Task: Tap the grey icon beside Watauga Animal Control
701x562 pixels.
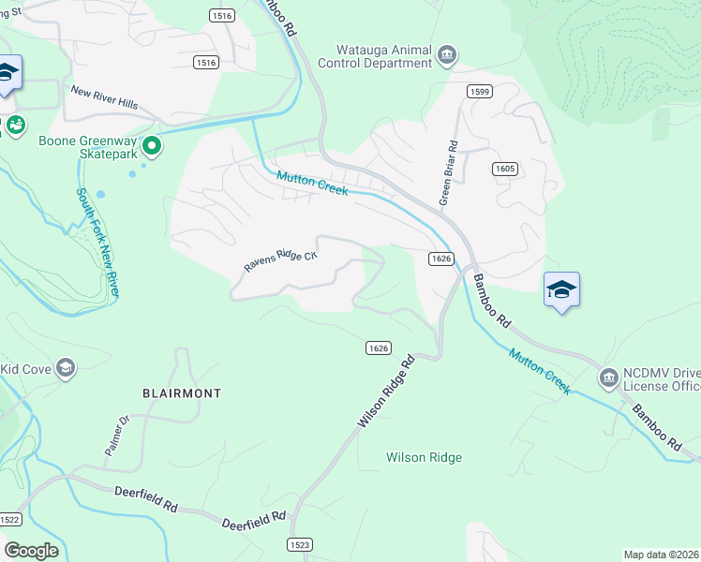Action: pyautogui.click(x=447, y=56)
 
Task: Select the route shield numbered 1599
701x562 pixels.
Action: pyautogui.click(x=479, y=90)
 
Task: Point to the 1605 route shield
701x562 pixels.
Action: pyautogui.click(x=504, y=168)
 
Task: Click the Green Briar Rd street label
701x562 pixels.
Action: pyautogui.click(x=449, y=174)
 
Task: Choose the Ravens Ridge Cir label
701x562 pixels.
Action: pyautogui.click(x=281, y=259)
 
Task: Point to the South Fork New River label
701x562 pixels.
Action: pyautogui.click(x=97, y=243)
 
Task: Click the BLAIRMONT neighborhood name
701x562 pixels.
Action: pyautogui.click(x=182, y=393)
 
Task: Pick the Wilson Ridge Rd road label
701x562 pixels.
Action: pyautogui.click(x=385, y=392)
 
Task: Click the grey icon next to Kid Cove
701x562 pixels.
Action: pyautogui.click(x=66, y=368)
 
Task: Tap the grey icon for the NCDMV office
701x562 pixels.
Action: pyautogui.click(x=607, y=377)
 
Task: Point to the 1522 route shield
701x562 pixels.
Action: pyautogui.click(x=9, y=519)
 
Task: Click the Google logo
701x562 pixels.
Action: pyautogui.click(x=31, y=550)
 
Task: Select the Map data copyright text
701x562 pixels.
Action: pyautogui.click(x=662, y=555)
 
